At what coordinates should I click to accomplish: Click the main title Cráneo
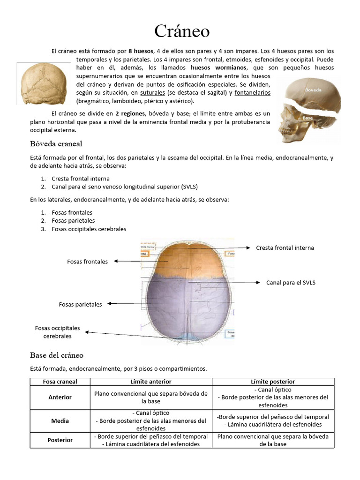(182, 31)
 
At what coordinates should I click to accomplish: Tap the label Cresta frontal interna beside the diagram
(285, 247)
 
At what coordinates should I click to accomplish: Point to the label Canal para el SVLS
(291, 282)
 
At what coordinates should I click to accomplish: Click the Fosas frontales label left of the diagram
(88, 262)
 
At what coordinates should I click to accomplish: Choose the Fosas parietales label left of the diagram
(80, 304)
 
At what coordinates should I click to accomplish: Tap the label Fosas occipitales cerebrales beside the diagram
(58, 332)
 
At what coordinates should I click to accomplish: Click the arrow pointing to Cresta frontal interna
(230, 247)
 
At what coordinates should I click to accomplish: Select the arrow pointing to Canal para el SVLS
(234, 282)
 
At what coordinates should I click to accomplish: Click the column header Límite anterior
(151, 382)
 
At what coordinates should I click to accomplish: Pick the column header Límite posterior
(273, 382)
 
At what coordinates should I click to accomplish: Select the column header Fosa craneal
(60, 382)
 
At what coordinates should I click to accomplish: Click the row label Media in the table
(60, 421)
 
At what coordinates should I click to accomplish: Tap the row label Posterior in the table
(60, 440)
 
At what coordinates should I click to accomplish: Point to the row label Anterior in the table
(60, 397)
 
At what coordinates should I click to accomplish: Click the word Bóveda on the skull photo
(314, 90)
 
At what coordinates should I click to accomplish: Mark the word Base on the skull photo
(307, 118)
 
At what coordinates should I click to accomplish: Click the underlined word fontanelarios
(252, 93)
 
